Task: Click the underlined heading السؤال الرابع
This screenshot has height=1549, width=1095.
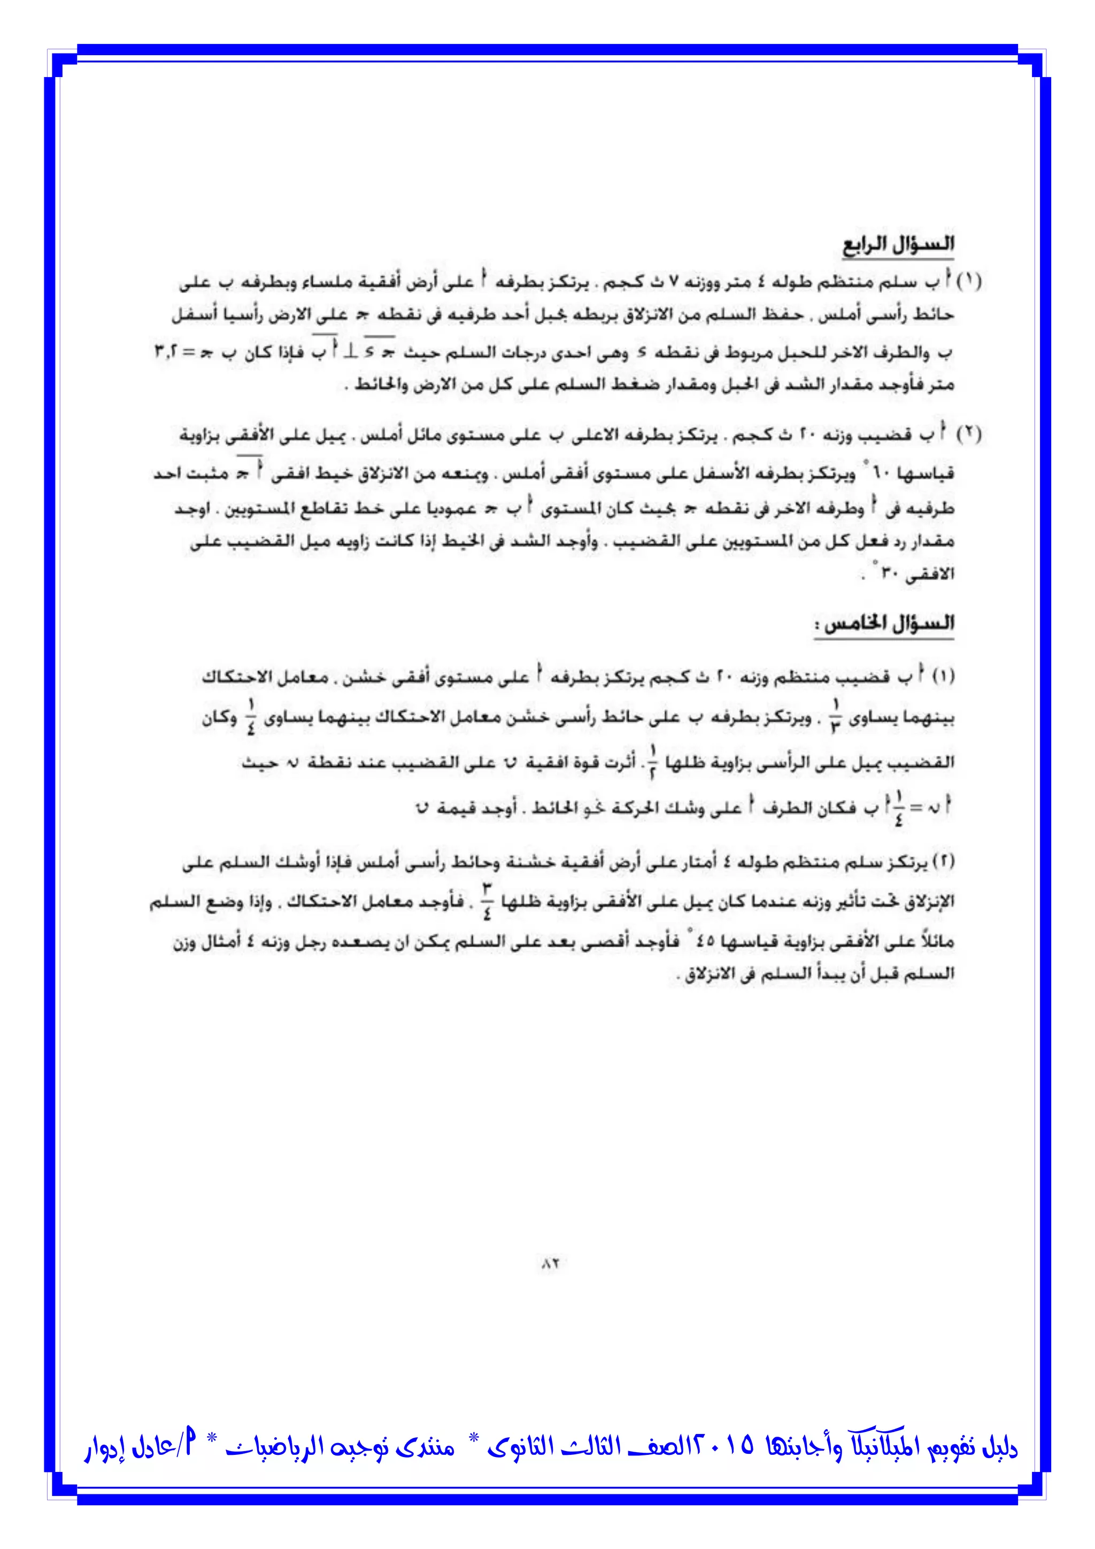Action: coord(898,245)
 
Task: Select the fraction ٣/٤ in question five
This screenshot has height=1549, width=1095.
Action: coord(487,901)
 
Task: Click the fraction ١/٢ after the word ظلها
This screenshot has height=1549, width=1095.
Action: coord(652,762)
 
